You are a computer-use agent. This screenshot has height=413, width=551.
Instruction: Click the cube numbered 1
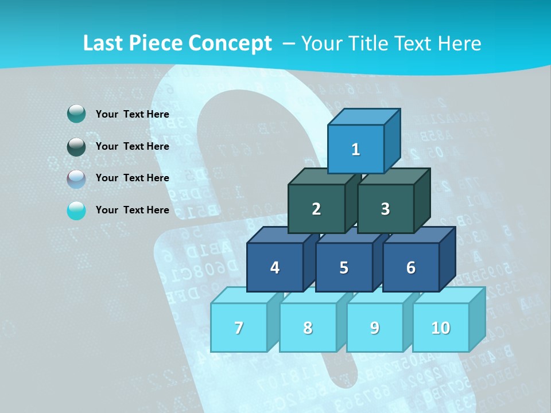356,149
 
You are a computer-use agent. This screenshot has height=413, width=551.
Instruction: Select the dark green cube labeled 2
316,209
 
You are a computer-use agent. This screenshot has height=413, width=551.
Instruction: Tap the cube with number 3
385,209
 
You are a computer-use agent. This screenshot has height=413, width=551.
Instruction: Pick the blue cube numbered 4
275,267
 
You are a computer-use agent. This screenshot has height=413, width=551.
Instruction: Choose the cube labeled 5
344,267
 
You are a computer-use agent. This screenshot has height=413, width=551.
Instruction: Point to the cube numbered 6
411,267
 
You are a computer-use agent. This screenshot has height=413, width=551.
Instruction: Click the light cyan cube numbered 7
239,328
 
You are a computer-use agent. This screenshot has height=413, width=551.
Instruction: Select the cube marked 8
308,328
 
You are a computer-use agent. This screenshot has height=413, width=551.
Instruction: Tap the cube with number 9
375,328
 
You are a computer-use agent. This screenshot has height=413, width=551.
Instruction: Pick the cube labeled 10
441,328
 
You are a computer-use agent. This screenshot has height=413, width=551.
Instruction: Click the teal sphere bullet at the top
76,114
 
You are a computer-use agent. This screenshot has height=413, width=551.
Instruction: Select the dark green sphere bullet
76,146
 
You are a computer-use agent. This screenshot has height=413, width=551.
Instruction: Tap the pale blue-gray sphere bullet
76,178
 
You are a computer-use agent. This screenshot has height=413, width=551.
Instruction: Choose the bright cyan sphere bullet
76,211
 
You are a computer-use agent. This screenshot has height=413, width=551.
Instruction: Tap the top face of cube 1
364,116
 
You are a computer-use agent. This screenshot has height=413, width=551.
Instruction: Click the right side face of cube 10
477,319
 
